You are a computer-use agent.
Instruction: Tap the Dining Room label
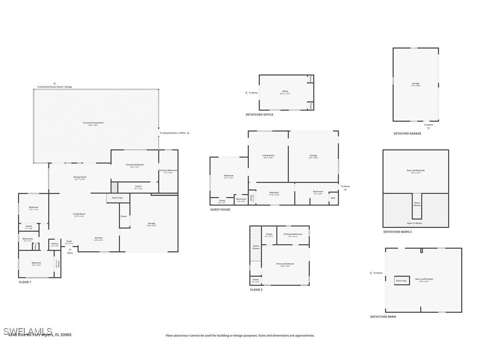click(80, 177)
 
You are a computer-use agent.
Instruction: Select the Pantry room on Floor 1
click(55, 244)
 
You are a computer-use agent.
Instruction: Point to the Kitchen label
click(99, 238)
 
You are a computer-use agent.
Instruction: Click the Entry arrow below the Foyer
click(69, 249)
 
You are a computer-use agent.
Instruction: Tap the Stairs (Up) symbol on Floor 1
click(117, 198)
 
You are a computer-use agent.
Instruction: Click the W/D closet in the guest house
click(333, 198)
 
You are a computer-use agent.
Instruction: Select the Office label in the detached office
click(285, 92)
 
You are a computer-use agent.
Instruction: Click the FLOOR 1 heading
click(25, 282)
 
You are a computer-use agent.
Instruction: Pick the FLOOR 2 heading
click(256, 290)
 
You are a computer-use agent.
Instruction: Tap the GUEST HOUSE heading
click(220, 210)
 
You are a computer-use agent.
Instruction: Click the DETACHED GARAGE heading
click(407, 134)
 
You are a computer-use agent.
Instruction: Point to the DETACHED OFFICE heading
click(259, 115)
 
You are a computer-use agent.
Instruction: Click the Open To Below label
click(415, 223)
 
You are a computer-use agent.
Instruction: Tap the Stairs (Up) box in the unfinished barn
click(402, 280)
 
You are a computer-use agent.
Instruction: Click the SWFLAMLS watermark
click(28, 331)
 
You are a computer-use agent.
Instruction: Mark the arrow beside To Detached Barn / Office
click(189, 133)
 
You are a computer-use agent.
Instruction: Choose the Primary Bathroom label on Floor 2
click(293, 234)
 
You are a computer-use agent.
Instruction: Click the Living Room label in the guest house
click(268, 156)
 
